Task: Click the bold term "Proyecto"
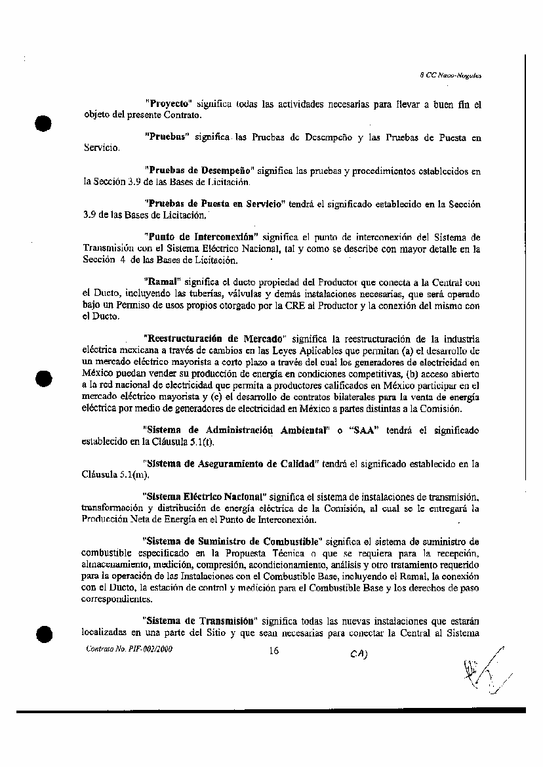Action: (168, 104)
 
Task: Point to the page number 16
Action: (274, 651)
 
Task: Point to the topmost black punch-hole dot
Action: (43, 123)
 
